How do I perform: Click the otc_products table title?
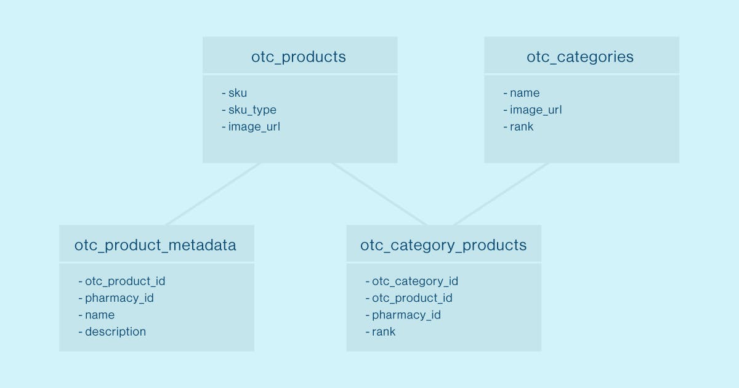pos(299,57)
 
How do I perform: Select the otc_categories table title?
pos(580,57)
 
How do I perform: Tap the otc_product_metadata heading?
pos(155,246)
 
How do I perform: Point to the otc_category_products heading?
pos(443,246)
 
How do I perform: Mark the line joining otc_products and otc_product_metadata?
pos(213,194)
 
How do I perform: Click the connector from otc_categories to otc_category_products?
pos(501,194)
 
